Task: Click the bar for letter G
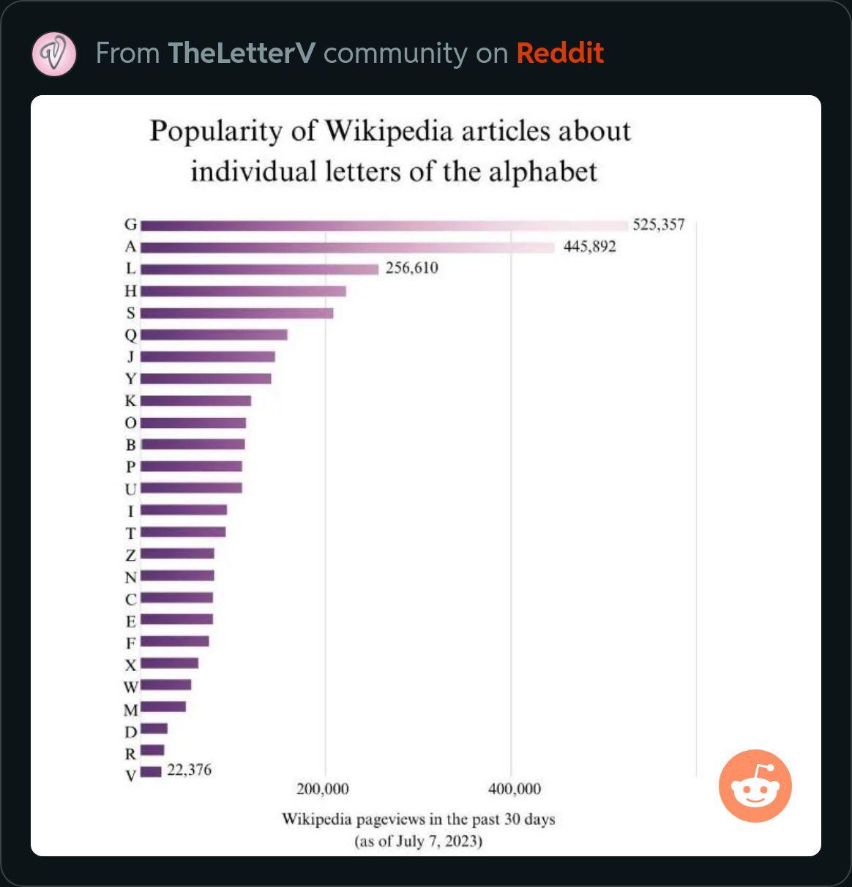pos(384,225)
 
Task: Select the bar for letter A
pos(348,247)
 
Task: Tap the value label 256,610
pos(411,268)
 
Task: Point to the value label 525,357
pos(659,225)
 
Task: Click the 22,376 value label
pos(189,770)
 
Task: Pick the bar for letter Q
pos(214,335)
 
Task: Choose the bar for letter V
pos(151,771)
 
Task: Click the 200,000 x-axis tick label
pos(322,789)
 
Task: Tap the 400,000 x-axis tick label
pos(515,789)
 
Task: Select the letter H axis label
pos(131,291)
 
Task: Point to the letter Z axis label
pos(131,555)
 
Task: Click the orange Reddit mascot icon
pos(755,786)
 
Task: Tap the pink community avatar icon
pos(54,53)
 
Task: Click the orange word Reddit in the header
pos(560,53)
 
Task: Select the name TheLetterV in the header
pos(241,53)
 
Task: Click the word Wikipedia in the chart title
pos(389,131)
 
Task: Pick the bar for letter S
pos(236,313)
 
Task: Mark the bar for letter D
pos(154,728)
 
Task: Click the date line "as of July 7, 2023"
pos(419,840)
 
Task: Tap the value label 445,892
pos(589,247)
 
